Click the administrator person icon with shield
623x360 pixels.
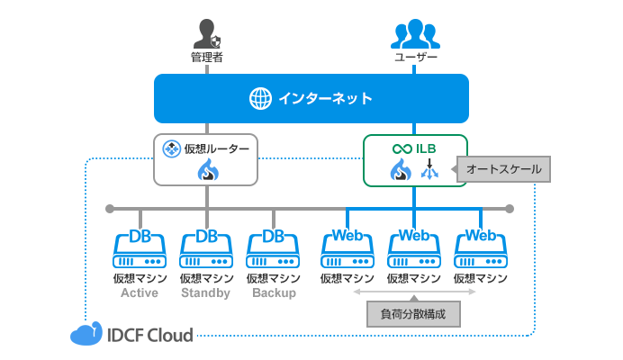[x=207, y=35]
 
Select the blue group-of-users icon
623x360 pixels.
[x=415, y=34]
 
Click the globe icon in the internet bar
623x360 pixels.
[x=260, y=98]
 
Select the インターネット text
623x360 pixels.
[x=325, y=98]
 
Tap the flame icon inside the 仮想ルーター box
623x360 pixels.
[x=207, y=170]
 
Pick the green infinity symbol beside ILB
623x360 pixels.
[x=401, y=148]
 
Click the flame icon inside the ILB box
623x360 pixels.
[x=401, y=170]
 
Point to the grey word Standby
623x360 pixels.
[x=206, y=293]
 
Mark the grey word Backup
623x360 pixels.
[x=274, y=293]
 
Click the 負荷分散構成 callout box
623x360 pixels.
[x=414, y=314]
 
